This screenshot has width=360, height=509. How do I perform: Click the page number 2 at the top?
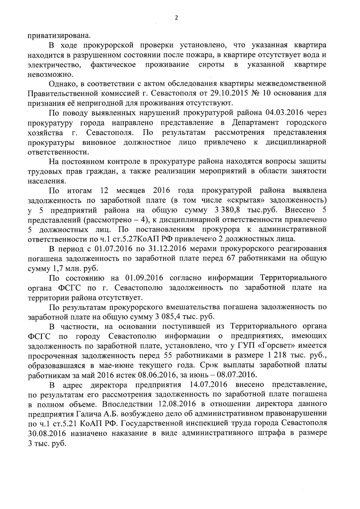pyautogui.click(x=176, y=18)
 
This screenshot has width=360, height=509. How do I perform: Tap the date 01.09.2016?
pyautogui.click(x=144, y=278)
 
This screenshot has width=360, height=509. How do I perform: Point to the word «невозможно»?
pyautogui.click(x=51, y=74)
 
